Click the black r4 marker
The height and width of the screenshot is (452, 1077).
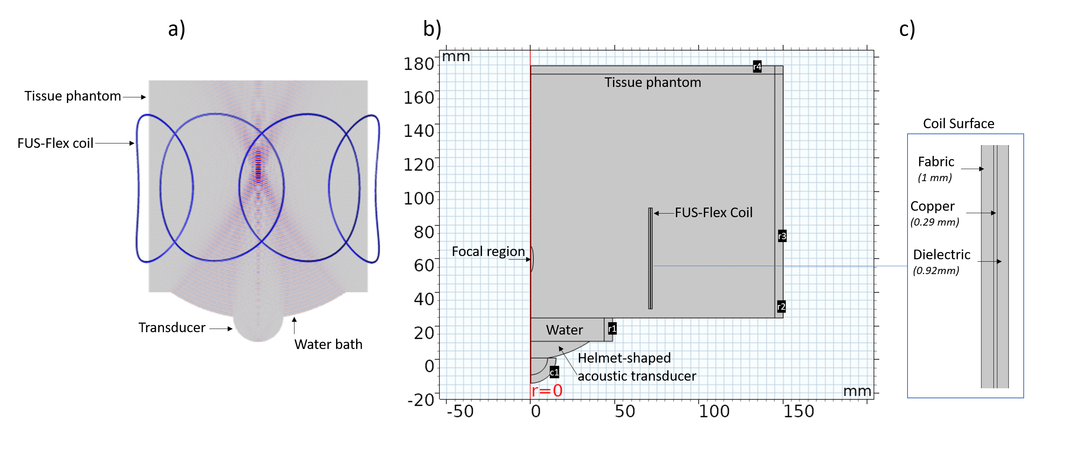[757, 67]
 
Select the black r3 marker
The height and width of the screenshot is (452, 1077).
[782, 236]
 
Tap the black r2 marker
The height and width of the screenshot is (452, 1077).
[781, 307]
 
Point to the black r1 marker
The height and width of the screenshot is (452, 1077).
[612, 329]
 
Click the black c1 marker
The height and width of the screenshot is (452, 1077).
[554, 372]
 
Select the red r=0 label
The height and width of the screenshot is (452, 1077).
[547, 391]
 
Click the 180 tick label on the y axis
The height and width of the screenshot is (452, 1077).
[419, 64]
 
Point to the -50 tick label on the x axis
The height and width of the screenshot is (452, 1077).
[460, 412]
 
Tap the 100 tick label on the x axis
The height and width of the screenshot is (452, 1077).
[714, 412]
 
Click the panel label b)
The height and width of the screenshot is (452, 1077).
[432, 29]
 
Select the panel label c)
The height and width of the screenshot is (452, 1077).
[907, 29]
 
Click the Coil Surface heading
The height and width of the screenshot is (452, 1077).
[958, 124]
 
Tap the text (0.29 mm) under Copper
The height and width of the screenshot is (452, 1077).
[934, 222]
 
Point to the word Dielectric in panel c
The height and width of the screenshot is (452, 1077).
[942, 254]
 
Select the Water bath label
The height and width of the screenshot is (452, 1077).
[328, 345]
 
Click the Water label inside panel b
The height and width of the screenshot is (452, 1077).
[564, 330]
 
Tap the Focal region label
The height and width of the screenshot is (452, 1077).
[488, 251]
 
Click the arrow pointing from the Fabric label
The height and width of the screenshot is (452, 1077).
[972, 169]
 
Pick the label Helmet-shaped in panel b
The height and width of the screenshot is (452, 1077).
[624, 358]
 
